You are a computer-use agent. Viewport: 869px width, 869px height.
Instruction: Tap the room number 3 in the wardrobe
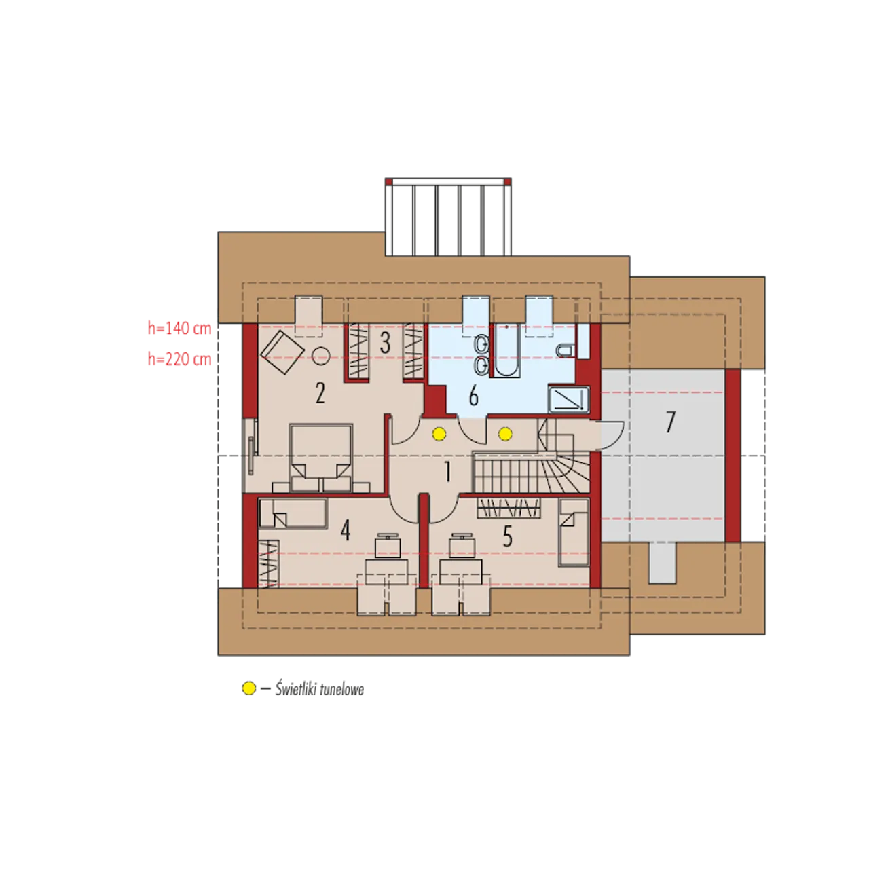pos(384,343)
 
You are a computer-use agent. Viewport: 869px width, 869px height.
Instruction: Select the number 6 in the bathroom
pos(473,396)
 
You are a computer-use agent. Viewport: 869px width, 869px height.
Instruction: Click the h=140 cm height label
pos(179,329)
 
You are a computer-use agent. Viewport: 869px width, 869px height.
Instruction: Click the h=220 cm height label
pos(179,359)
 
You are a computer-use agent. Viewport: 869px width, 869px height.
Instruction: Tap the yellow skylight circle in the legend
pos(248,688)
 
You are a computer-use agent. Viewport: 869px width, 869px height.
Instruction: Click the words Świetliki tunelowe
pos(319,689)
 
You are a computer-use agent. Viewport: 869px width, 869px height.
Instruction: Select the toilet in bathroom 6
pos(565,350)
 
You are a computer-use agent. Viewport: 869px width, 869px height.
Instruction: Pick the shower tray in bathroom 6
pos(569,400)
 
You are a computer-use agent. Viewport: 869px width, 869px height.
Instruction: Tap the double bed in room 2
pos(320,458)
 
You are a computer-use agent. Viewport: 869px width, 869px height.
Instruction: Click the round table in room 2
pos(321,356)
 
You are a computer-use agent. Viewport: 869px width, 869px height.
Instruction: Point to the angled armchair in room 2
pos(282,352)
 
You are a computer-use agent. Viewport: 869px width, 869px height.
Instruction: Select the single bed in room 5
pos(574,532)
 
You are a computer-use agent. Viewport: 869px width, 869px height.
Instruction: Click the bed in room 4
pos(293,513)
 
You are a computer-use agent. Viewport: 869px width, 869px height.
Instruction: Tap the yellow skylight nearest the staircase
pos(505,434)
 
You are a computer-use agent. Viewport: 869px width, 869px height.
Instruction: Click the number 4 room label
pos(345,531)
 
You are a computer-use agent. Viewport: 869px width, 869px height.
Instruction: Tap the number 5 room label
pos(507,536)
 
